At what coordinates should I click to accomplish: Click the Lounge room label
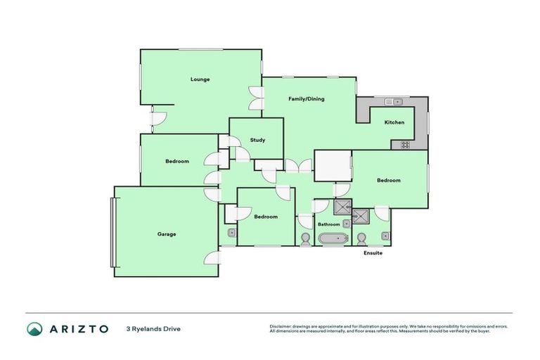click(x=200, y=79)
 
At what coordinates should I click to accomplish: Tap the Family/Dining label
click(x=307, y=99)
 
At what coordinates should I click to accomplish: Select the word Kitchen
click(x=394, y=122)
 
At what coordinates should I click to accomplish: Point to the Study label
click(x=257, y=140)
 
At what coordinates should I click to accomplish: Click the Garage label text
click(x=167, y=234)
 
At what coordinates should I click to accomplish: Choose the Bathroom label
click(x=329, y=224)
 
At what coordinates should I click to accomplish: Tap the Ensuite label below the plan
click(x=373, y=253)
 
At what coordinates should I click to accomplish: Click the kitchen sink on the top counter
click(x=392, y=102)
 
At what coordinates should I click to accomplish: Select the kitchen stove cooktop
click(x=405, y=145)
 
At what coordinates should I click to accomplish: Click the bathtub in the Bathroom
click(x=333, y=239)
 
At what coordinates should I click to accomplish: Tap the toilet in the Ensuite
click(x=362, y=238)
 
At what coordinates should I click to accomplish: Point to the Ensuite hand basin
click(x=385, y=236)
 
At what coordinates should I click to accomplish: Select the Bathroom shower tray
click(x=342, y=207)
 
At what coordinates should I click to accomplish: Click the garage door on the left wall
click(x=111, y=232)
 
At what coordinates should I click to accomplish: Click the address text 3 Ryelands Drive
click(x=153, y=328)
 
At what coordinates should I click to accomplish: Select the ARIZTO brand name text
click(x=78, y=329)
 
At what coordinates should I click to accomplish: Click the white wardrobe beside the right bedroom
click(x=332, y=166)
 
